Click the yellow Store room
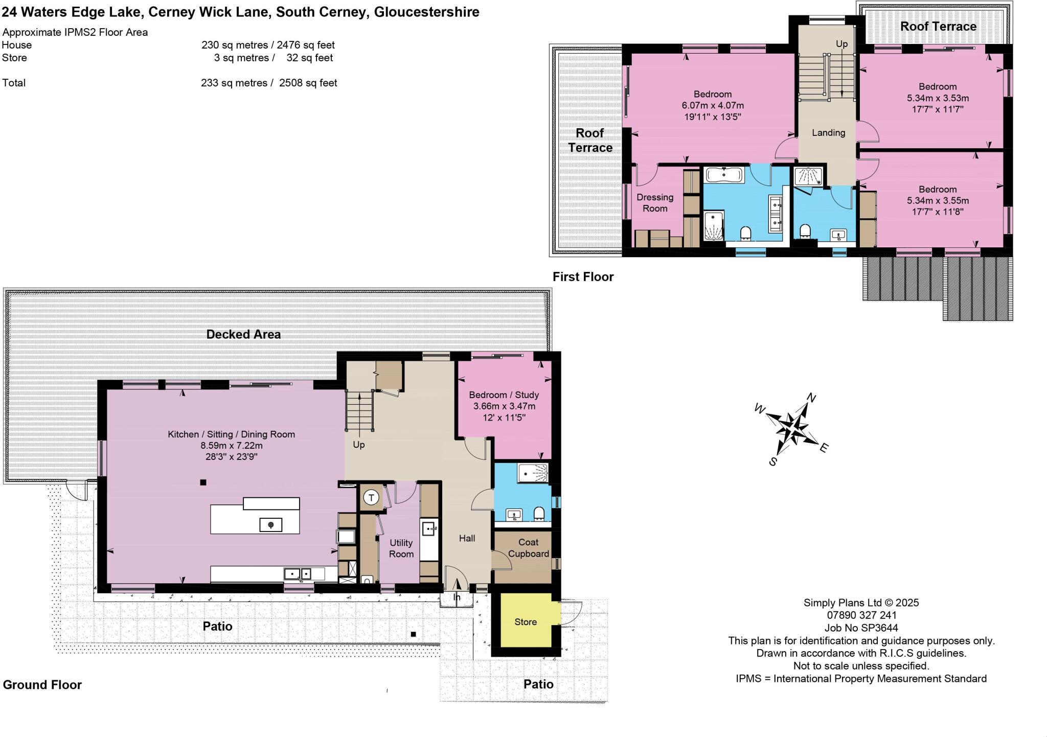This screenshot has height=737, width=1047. coord(525,622)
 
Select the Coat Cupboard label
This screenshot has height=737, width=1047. coord(528,548)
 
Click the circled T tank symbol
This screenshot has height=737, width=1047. coord(372,497)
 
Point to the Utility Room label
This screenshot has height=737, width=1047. coord(401,548)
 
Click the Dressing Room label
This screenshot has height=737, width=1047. coord(655,203)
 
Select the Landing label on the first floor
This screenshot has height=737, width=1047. coord(828,133)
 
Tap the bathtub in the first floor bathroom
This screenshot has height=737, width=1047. coord(725,175)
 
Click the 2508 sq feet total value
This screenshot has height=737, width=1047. coord(308,83)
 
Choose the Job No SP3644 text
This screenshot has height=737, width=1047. coord(861,628)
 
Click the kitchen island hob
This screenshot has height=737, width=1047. coord(270,524)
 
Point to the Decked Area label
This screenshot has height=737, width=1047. coord(243,335)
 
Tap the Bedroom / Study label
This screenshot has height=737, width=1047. coord(504,395)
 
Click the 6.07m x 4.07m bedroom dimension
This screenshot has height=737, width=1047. coord(712,106)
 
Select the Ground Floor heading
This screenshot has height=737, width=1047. coord(42,685)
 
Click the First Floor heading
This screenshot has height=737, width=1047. coord(583,277)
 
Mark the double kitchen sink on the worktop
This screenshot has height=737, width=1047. coord(298,574)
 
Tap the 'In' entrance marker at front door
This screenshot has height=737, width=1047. coord(457,597)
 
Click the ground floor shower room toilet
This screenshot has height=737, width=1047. coord(539,513)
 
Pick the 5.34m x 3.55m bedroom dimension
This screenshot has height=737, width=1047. coord(937,201)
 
